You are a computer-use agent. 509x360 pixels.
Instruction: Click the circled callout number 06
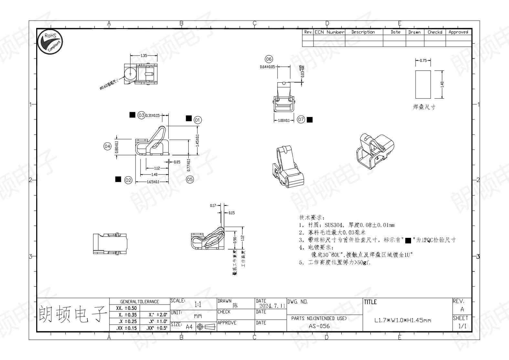[x=269, y=59]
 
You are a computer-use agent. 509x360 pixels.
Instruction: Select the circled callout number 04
[x=107, y=146]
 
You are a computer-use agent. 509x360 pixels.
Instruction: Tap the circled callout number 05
[x=190, y=179]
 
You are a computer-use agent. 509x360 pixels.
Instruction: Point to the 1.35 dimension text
[x=144, y=56]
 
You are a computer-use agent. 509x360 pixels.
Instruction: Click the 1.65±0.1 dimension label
[x=153, y=182]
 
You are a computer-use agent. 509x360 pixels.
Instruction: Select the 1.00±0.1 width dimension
[x=284, y=121]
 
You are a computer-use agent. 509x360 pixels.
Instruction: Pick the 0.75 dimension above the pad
[x=423, y=60]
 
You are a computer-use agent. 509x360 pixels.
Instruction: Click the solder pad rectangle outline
[x=423, y=84]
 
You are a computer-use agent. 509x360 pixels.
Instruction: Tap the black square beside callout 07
[x=310, y=120]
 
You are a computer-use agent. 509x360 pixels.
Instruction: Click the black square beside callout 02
[x=118, y=179]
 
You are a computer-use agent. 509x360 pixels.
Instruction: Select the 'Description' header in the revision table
[x=363, y=32]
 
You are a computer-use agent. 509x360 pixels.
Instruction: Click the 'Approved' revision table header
[x=458, y=32]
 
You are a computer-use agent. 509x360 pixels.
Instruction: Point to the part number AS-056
[x=319, y=326]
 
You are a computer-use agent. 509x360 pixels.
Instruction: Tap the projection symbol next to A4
[x=206, y=327]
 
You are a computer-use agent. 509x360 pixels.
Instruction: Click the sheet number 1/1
[x=462, y=326]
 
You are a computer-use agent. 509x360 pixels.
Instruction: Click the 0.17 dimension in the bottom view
[x=213, y=206]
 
